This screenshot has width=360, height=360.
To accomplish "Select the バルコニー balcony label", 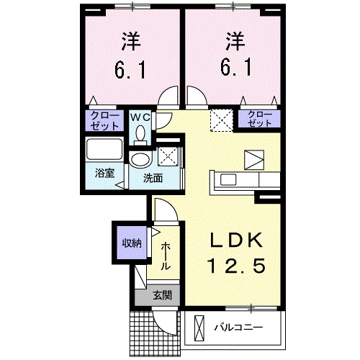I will (x=237, y=328).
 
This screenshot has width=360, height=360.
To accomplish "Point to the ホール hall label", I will (x=165, y=256).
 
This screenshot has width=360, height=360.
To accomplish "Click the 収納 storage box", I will (x=130, y=242).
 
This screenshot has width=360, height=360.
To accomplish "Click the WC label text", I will (x=140, y=115).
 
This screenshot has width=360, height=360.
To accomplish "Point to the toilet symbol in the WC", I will (x=140, y=132).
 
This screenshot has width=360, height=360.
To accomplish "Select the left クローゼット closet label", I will (x=105, y=119).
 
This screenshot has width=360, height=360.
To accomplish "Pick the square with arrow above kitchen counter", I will (x=253, y=160).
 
